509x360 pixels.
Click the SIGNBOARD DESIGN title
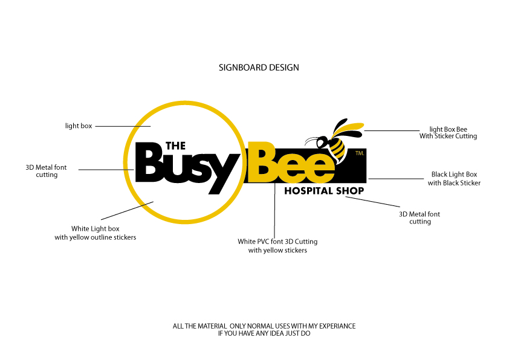[x=259, y=68]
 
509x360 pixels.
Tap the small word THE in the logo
[x=175, y=146]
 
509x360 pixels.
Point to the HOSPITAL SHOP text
[x=324, y=191]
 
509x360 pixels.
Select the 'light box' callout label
[x=79, y=126]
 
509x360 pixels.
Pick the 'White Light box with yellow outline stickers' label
[x=96, y=233]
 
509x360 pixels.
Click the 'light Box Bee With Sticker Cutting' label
[x=448, y=132]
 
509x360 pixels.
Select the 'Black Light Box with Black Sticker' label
[x=454, y=178]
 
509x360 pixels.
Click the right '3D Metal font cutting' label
[x=420, y=217]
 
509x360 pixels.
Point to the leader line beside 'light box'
[x=123, y=126]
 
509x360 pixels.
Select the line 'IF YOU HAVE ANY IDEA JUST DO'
[x=264, y=333]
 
